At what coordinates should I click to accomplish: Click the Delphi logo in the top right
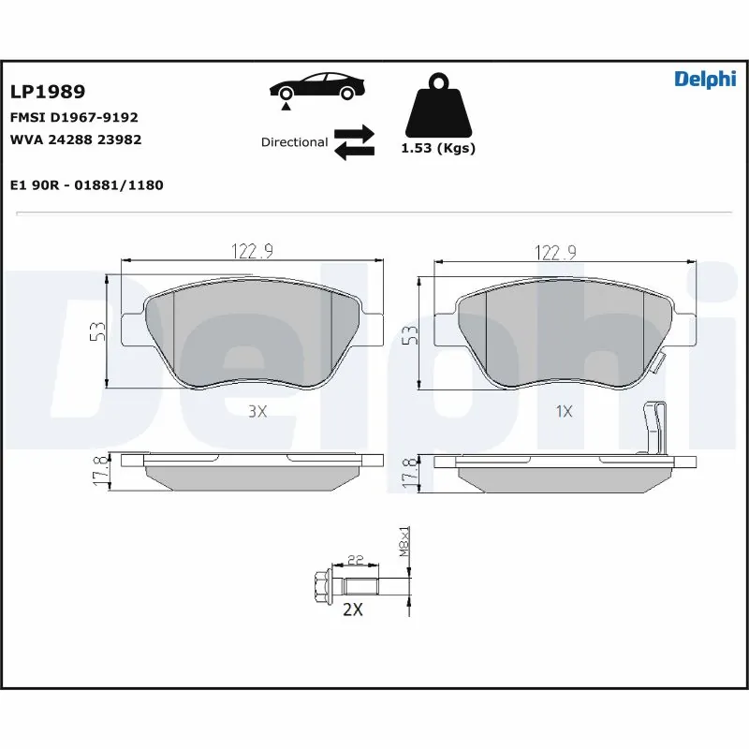click(705, 80)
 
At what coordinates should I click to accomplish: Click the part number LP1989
click(48, 92)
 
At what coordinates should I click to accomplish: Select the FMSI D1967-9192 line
click(74, 118)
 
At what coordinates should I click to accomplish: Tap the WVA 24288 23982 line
click(75, 140)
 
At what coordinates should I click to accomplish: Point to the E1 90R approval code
click(86, 185)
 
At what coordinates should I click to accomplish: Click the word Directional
click(294, 142)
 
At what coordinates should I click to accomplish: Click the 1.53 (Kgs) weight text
click(437, 149)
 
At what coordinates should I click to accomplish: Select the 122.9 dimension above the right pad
click(556, 251)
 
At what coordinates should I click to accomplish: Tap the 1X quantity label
click(564, 411)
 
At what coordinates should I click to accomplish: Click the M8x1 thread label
click(405, 541)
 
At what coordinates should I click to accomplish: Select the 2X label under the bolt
click(353, 609)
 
